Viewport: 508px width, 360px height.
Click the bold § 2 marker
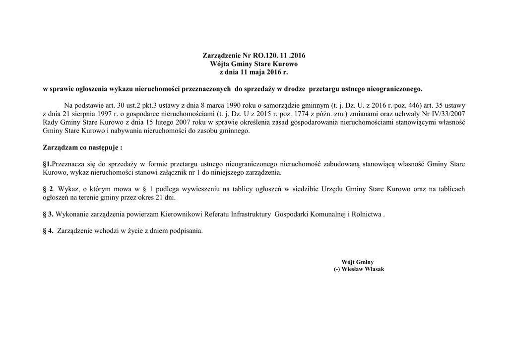[48, 190]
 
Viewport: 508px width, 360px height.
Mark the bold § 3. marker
[49, 215]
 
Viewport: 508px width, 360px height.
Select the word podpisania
[186, 231]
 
